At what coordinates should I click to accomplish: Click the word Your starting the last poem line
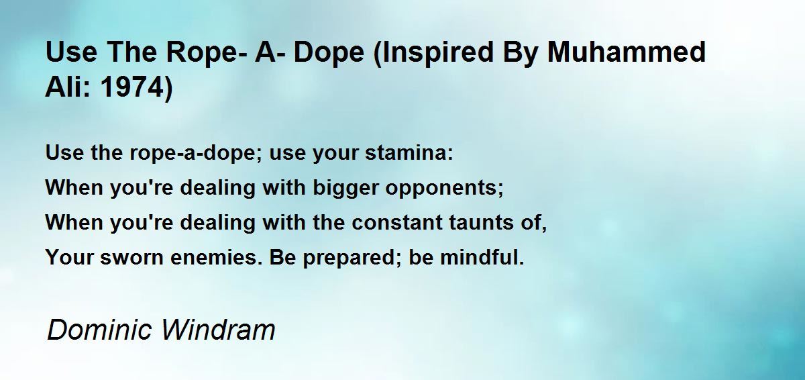66,257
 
